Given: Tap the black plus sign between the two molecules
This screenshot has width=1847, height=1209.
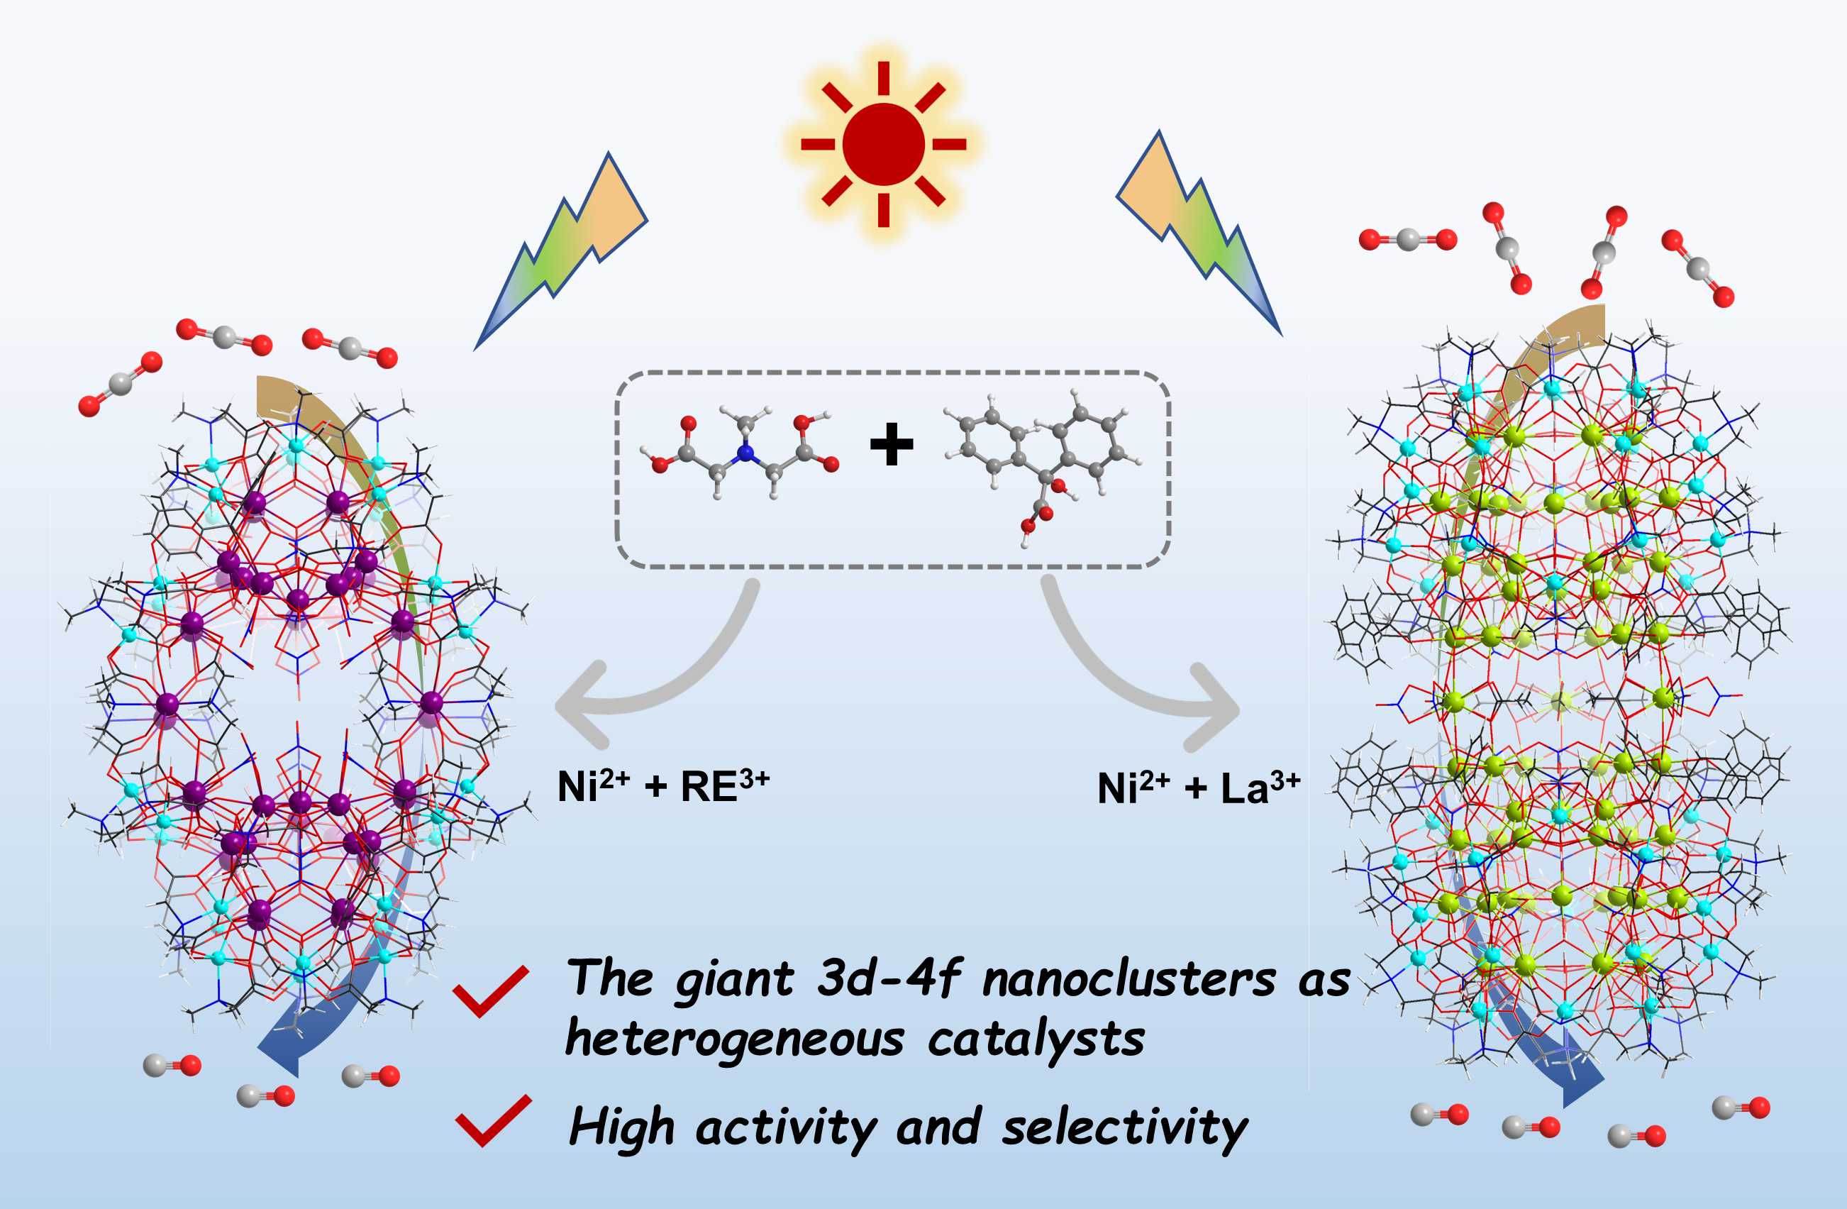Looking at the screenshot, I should click(892, 444).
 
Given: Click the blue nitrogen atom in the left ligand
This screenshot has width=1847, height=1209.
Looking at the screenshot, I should click(745, 452).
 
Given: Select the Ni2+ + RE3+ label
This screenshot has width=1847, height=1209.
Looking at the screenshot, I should click(663, 786).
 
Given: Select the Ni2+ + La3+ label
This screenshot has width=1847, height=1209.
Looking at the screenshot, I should click(1198, 788).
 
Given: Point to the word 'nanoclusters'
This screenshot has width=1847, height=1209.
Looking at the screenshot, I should click(1128, 979).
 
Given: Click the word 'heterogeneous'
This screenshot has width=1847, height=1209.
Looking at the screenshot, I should click(734, 1039).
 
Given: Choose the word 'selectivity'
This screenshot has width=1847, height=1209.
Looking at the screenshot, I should click(1125, 1127).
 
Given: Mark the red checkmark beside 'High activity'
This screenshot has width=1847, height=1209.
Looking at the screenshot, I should click(493, 1120).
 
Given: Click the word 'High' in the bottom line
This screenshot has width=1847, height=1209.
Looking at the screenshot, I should click(621, 1127).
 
